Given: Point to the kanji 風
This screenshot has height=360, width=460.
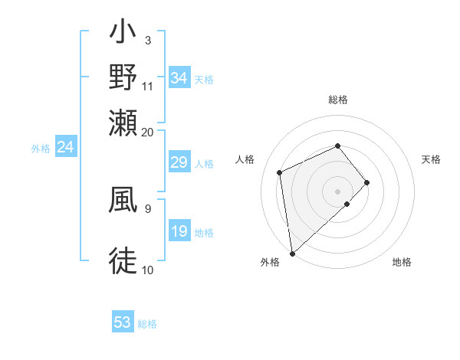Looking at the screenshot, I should tap(123, 198).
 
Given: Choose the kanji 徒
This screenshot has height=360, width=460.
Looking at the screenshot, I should tap(123, 260).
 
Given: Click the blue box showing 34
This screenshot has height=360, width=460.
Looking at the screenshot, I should tap(179, 78).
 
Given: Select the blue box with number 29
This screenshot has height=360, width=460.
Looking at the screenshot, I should tap(179, 162).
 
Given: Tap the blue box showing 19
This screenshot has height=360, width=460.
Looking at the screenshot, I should tap(179, 231).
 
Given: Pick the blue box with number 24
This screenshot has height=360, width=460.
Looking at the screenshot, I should tap(65, 147).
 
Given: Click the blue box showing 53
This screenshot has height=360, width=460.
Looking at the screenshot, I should tap(123, 322).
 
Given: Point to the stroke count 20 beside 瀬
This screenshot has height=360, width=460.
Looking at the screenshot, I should tap(148, 132).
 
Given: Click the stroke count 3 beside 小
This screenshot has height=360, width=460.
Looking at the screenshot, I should tap(147, 40).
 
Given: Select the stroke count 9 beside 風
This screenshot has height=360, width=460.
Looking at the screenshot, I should tap(147, 208).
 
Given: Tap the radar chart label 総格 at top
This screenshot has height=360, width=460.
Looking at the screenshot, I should tap(338, 100).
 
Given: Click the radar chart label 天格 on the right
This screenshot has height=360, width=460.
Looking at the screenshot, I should tap(431, 159).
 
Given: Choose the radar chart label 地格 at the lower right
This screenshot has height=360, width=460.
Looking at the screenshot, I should tap(402, 263).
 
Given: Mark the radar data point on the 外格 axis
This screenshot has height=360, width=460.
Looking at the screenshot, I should tap(291, 254).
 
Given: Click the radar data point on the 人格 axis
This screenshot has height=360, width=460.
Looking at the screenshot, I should tap(280, 172).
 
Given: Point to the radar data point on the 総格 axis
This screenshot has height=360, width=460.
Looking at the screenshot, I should tap(338, 146).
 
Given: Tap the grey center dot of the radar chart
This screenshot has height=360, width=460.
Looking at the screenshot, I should tap(338, 191).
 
